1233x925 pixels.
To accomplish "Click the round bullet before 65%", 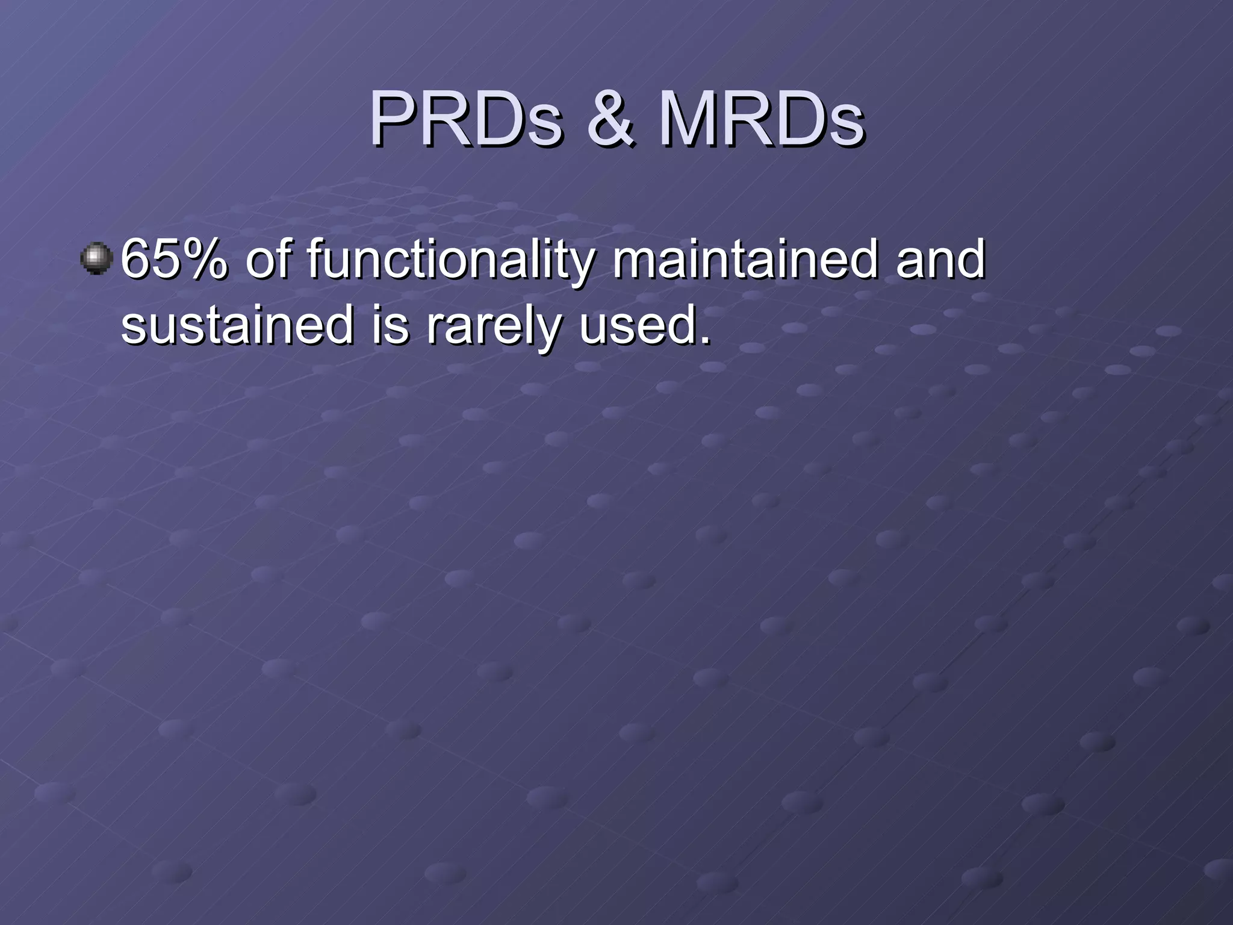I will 96,258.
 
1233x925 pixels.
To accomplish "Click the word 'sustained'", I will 237,325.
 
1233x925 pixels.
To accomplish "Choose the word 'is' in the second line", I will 390,325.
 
